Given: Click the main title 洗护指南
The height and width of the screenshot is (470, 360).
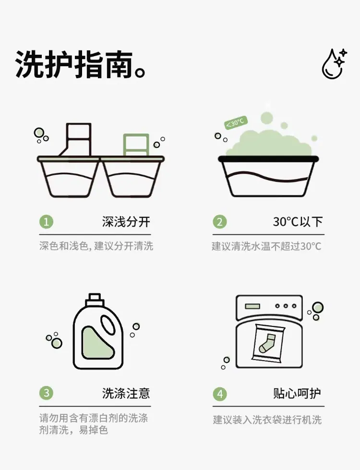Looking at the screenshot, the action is tap(74, 65).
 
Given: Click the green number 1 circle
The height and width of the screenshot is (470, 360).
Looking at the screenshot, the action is tap(46, 222).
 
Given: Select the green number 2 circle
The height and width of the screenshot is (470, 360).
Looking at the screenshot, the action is tap(220, 222).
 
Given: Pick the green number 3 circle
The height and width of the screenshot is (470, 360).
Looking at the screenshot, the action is tap(46, 393).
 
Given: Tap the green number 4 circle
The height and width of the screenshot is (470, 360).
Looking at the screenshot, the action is tap(220, 394).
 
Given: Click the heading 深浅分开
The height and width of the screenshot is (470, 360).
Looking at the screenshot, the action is tap(126, 222).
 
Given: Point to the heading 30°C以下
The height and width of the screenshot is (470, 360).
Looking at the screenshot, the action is tap(298, 222).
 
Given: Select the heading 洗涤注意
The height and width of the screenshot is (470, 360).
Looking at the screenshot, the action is tap(126, 393).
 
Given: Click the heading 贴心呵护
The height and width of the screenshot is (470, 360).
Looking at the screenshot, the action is tap(297, 393).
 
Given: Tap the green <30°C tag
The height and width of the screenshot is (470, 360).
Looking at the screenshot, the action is tap(236, 122).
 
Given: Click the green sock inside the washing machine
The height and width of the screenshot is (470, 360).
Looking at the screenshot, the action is tap(267, 343).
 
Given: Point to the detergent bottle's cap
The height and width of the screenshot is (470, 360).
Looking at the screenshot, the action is tap(95, 300).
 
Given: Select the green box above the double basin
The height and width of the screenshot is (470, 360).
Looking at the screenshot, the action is tap(136, 145).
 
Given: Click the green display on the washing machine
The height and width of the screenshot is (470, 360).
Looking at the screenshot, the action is tap(252, 306).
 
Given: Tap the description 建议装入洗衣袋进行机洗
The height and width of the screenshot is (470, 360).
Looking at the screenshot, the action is tap(267, 420).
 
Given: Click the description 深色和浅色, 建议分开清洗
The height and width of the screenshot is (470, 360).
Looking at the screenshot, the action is tap(96, 246).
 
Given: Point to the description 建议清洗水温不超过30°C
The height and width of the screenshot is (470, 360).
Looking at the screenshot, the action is tap(266, 246).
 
